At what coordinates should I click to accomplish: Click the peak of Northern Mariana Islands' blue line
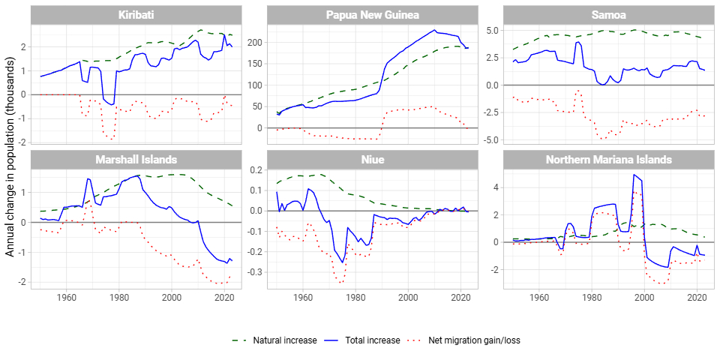tap(634, 175)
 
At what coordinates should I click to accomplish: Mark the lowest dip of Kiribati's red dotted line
tap(112, 139)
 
